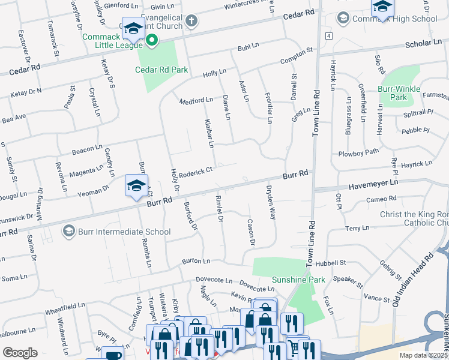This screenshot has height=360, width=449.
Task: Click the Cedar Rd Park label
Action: point(161,70)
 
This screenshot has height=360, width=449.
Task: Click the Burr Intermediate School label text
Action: point(123,232)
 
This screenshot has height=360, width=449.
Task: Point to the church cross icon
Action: point(191,22)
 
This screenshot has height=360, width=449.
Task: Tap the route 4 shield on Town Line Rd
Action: point(329,36)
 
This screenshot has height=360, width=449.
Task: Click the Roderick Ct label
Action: point(196,172)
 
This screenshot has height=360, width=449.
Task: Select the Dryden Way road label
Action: point(271,202)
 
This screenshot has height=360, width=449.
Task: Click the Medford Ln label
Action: point(196,100)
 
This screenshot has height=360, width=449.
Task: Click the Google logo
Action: point(20,353)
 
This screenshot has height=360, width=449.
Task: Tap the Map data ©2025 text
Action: point(423,355)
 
